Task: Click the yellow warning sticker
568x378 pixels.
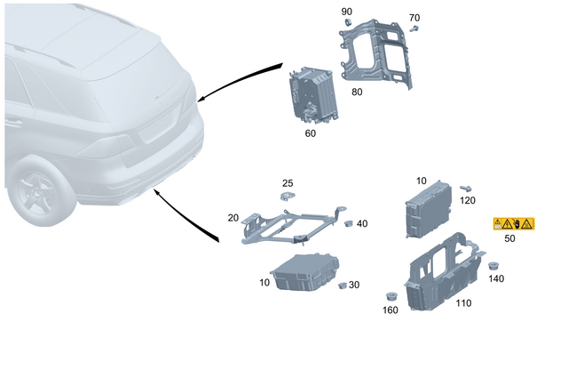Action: click(514, 223)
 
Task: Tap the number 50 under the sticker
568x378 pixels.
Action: click(509, 238)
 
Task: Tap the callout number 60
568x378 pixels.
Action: click(311, 133)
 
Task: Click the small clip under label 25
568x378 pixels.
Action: click(287, 195)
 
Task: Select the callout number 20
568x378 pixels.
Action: click(233, 218)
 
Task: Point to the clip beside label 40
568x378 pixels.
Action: click(348, 223)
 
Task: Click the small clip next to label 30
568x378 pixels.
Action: click(343, 286)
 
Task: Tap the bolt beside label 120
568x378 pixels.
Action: click(464, 189)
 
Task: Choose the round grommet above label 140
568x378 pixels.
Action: click(493, 265)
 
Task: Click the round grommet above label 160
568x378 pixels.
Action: click(389, 295)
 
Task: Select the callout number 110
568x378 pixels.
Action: click(462, 303)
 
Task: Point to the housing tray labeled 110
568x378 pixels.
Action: click(440, 272)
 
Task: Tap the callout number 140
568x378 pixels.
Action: click(495, 279)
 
